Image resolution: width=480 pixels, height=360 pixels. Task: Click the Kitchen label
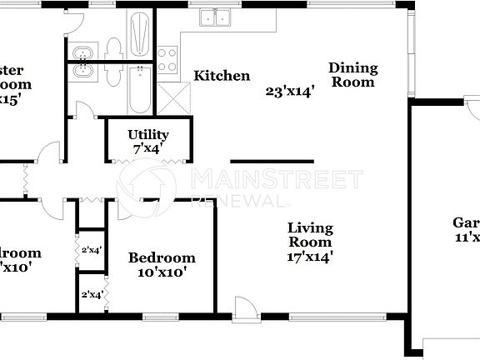(222, 76)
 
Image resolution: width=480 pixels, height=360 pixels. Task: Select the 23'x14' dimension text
(290, 92)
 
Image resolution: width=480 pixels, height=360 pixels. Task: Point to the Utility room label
(148, 134)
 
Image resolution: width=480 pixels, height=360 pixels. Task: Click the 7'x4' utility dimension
(146, 149)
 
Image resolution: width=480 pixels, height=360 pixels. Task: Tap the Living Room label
(310, 234)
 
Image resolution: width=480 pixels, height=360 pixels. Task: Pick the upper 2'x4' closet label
(90, 249)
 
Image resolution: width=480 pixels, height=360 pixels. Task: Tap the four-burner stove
(168, 60)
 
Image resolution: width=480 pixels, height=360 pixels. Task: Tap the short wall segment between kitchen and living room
(272, 161)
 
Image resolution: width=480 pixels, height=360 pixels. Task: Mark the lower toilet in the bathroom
(115, 73)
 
